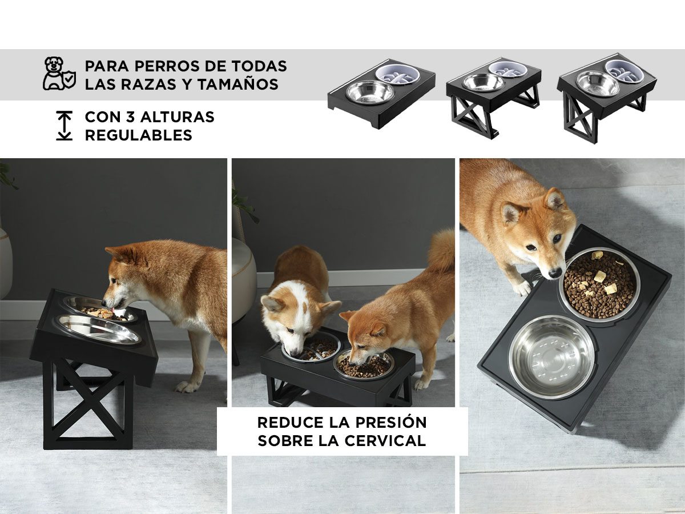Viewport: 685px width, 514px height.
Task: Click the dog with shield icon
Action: coord(59,74)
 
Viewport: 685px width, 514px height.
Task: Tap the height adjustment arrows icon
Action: coord(65,126)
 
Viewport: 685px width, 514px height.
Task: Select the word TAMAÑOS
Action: coord(238,85)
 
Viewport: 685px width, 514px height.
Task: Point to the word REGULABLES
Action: coord(139,135)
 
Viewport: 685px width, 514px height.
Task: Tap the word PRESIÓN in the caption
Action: coord(390,422)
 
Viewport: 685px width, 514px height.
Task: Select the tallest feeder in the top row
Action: coord(607,97)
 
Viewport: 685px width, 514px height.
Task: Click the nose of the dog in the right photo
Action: coord(554,273)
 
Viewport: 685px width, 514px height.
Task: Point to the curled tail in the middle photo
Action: coord(441,251)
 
